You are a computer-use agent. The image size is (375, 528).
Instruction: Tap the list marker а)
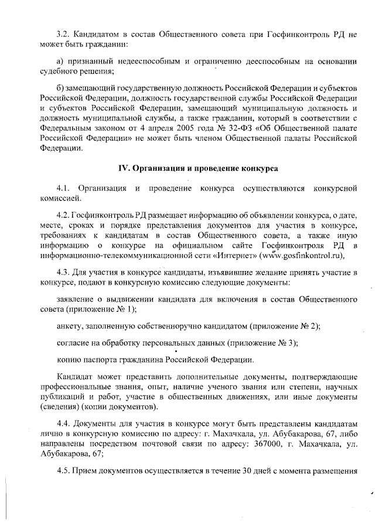click(60, 62)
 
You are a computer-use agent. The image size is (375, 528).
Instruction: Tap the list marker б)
click(60, 89)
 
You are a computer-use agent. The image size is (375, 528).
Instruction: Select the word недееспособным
click(143, 62)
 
